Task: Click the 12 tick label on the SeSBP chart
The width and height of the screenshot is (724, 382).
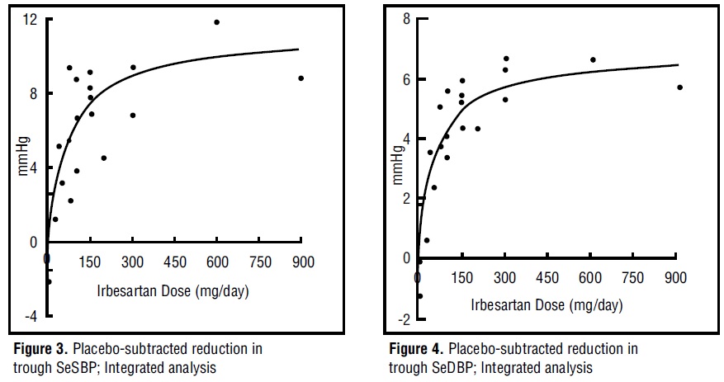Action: point(31,20)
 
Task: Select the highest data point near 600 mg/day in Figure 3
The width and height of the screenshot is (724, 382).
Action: point(217,22)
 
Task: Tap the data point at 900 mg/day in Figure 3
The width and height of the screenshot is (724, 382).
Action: point(301,78)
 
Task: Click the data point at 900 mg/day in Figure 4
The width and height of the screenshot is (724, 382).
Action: point(679,87)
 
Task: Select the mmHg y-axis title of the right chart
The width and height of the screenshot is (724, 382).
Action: point(397,167)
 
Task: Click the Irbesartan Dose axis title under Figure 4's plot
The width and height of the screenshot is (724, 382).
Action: point(547,304)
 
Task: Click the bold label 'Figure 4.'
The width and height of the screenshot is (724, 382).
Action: point(414,349)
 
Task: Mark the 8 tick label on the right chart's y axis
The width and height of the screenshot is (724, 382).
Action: point(406,19)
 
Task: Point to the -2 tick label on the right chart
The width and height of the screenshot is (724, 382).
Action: point(405,319)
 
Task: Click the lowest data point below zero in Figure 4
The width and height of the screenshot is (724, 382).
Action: point(419,296)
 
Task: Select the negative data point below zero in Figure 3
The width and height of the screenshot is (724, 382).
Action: point(49,281)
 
